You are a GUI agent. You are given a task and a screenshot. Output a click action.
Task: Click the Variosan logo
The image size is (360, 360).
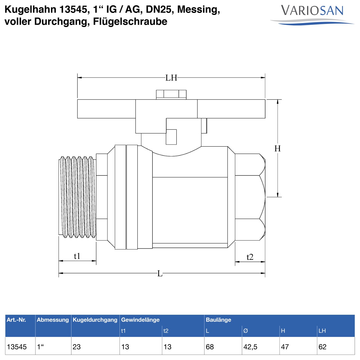312,14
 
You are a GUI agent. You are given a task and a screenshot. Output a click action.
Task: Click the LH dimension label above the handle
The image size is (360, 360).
171,78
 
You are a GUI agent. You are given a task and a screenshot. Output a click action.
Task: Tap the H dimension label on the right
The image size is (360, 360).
277,148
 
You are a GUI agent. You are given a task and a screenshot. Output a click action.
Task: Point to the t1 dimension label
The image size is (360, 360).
77,256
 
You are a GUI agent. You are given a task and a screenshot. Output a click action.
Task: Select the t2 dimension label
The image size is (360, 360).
250,257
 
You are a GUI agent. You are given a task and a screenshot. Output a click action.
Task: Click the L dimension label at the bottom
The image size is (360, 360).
160,273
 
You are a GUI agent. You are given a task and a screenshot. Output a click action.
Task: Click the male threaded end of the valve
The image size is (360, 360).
77,197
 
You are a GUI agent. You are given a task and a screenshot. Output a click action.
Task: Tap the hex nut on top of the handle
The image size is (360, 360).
171,94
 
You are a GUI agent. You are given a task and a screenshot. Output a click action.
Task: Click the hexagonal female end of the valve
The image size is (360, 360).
250,197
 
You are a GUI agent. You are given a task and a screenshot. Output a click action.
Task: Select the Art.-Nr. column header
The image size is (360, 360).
16,320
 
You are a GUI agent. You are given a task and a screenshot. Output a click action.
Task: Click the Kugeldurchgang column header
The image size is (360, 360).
95,320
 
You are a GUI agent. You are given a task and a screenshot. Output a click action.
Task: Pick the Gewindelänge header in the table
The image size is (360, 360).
140,320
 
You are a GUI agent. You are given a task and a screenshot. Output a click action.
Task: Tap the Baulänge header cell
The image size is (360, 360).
218,320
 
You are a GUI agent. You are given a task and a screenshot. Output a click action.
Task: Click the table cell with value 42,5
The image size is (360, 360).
250,347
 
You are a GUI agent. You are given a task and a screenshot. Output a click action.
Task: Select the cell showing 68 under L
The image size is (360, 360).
210,347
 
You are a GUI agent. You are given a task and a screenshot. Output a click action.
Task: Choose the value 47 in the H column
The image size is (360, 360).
285,347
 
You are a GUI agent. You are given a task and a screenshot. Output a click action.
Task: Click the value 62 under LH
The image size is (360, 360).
322,347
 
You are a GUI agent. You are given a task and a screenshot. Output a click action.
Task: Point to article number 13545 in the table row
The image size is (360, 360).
17,347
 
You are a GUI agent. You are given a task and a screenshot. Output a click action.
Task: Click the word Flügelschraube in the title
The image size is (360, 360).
130,22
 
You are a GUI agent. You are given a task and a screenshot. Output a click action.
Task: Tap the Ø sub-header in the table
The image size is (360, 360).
246,331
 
